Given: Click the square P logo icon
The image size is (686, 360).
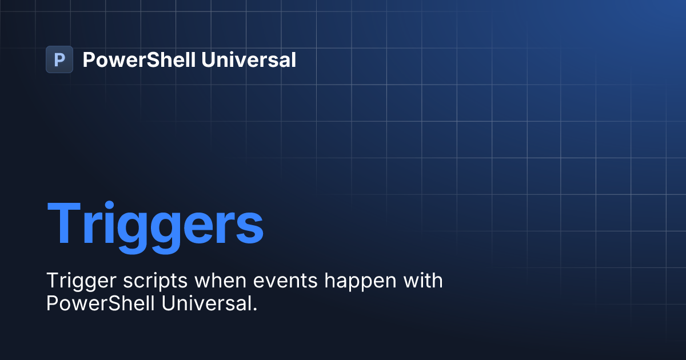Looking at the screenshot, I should coord(59,59).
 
